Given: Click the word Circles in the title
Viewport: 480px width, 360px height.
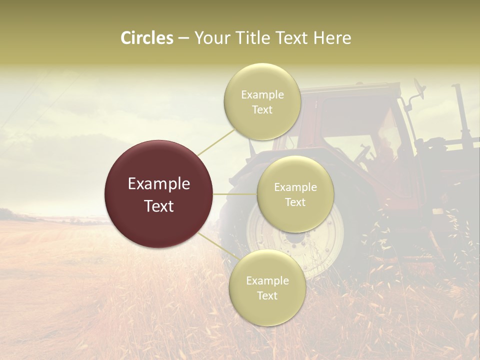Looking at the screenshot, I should pyautogui.click(x=147, y=38).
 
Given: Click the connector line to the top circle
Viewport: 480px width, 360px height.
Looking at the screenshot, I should pyautogui.click(x=216, y=140).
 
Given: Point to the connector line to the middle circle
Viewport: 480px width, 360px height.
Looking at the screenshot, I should pyautogui.click(x=235, y=194).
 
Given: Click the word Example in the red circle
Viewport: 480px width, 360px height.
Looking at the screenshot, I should pyautogui.click(x=158, y=184).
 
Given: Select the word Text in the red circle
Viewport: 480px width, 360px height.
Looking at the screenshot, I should pyautogui.click(x=158, y=206).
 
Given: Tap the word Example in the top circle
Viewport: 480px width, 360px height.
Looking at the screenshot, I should pyautogui.click(x=262, y=95).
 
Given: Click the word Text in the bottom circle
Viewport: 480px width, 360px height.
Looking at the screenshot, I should pyautogui.click(x=267, y=295).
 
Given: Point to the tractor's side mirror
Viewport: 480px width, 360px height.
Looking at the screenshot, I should pyautogui.click(x=418, y=90).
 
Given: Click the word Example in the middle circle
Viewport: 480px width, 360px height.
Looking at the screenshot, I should pyautogui.click(x=295, y=187).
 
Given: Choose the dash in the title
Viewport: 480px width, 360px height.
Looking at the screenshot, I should pyautogui.click(x=183, y=38).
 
